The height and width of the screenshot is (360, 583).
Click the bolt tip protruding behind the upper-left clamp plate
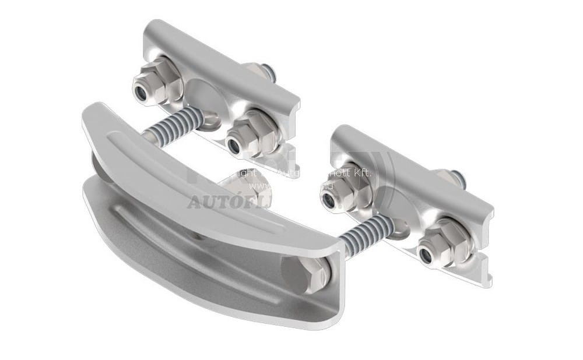[268, 73]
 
